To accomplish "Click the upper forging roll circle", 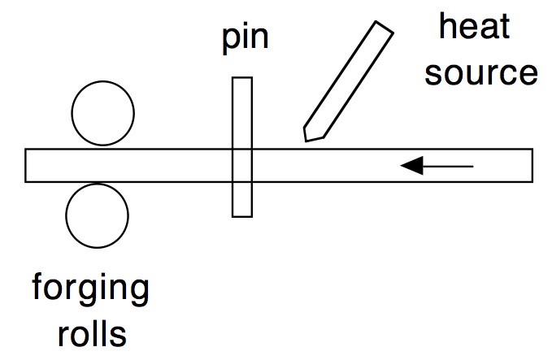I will coord(102,114).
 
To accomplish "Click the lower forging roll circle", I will coord(98,215).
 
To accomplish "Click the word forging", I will coord(90,290).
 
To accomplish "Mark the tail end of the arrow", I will coord(472,167).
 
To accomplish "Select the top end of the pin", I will coord(241,78).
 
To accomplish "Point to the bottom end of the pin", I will coord(241,215).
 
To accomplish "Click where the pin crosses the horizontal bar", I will coord(241,165).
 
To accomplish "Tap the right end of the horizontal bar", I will coord(532,165).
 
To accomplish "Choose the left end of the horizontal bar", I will coord(26,165).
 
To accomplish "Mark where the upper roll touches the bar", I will coord(102,149).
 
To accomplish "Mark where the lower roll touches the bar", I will coord(98,182).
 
